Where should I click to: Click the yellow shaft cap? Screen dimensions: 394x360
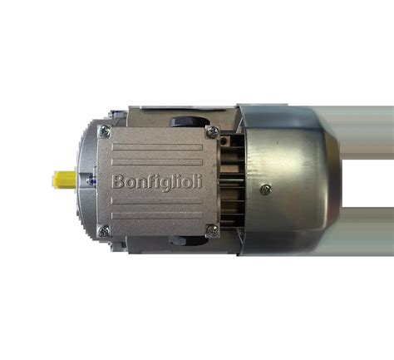[x=65, y=179]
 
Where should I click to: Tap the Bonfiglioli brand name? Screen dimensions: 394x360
[x=157, y=182]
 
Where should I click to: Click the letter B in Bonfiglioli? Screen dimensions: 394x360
[x=117, y=181]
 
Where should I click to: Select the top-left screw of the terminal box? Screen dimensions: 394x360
[x=105, y=131]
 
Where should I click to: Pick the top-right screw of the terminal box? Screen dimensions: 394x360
[x=213, y=131]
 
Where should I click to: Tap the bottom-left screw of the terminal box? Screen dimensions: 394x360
[x=104, y=231]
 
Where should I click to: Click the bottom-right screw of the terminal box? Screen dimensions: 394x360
[x=213, y=230]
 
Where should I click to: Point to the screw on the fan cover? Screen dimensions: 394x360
[x=266, y=190]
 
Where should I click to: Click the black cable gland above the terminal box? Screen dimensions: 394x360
[x=190, y=121]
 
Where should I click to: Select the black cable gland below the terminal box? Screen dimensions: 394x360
[x=189, y=240]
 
